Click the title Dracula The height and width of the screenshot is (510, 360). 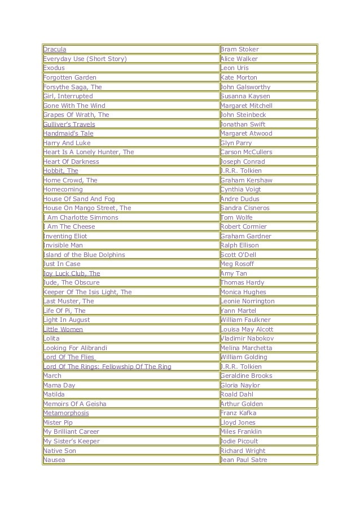(55, 50)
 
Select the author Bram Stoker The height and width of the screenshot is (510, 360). (239, 50)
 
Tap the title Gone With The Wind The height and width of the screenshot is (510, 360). (74, 106)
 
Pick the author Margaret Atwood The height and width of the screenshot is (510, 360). (246, 133)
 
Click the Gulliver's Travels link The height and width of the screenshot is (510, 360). (69, 124)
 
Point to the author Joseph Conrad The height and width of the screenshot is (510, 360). (243, 162)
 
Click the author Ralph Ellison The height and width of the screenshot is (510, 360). (240, 245)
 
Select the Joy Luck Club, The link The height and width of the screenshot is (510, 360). (72, 273)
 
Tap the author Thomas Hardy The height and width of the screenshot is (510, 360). (241, 282)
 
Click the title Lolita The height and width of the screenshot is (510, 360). (52, 338)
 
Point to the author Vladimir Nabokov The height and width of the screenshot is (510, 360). (246, 338)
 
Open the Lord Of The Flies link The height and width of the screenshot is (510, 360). (69, 357)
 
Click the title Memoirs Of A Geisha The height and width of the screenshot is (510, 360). (75, 404)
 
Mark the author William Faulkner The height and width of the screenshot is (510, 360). (245, 320)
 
